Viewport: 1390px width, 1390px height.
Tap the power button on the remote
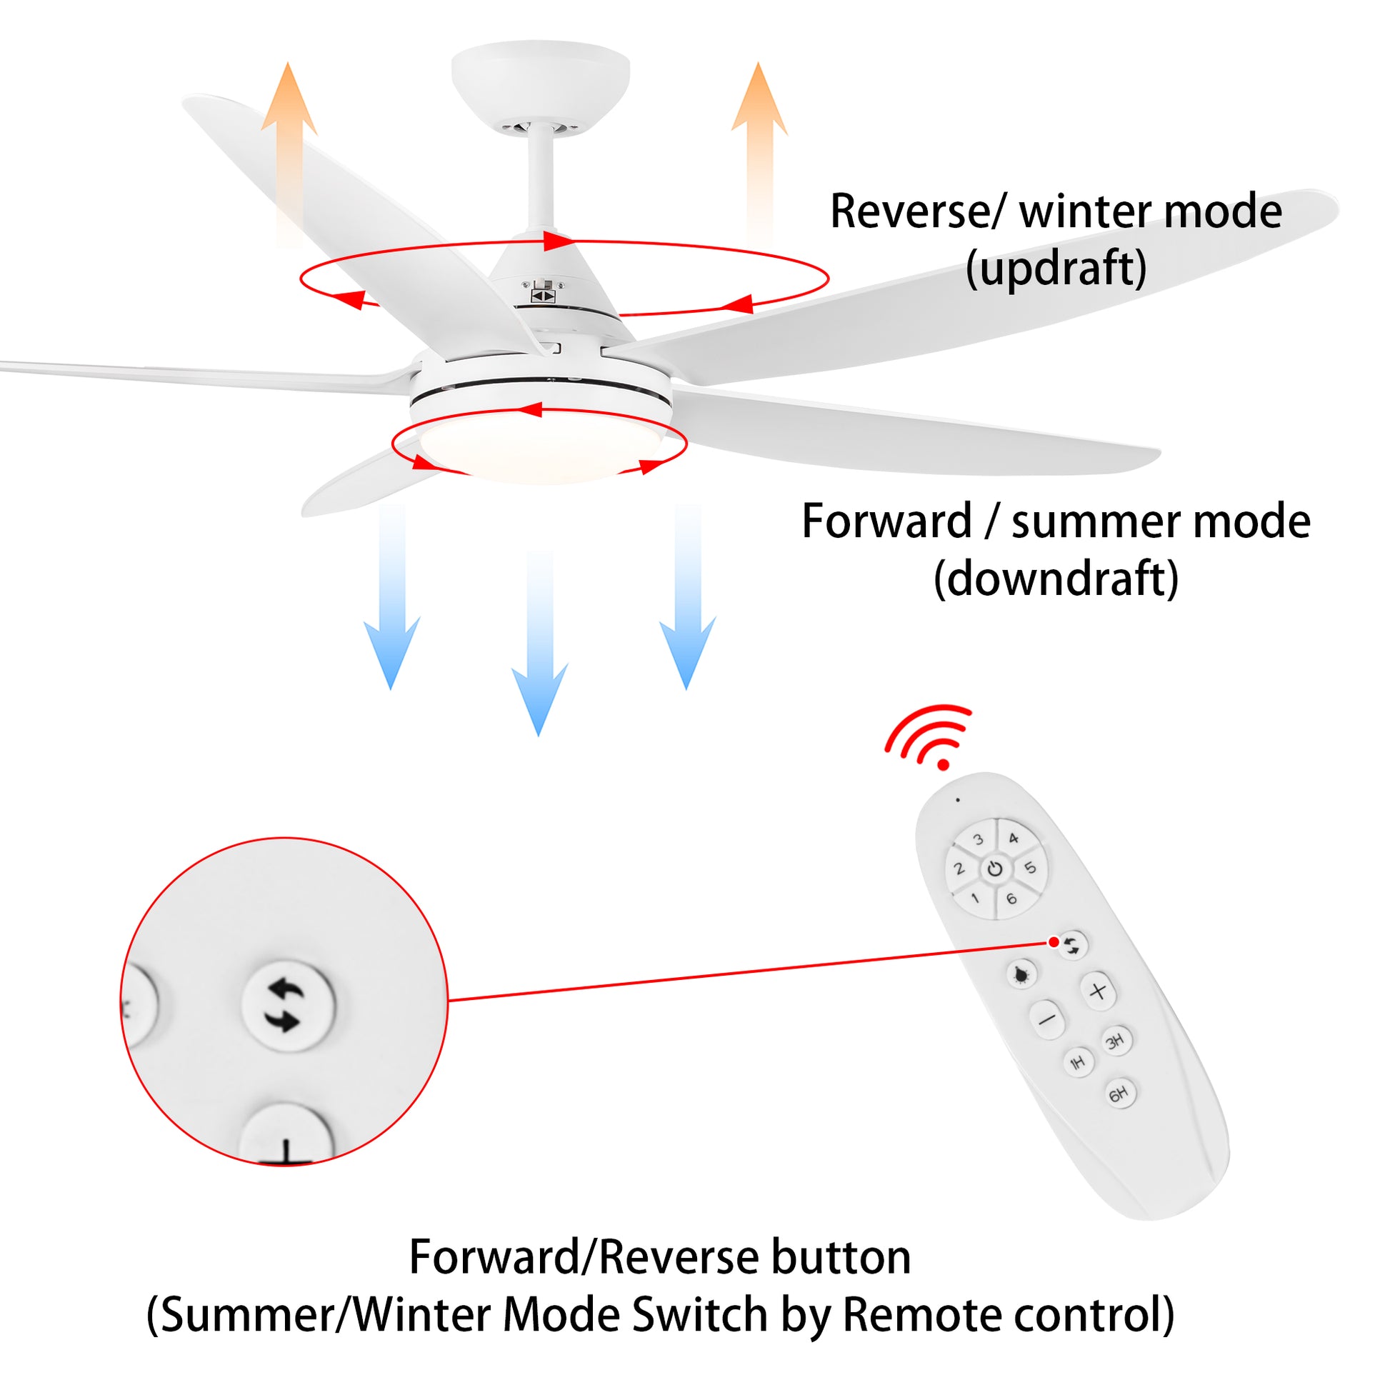click(995, 869)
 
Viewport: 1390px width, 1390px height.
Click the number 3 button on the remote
click(978, 839)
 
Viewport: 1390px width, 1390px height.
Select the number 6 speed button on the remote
click(1011, 899)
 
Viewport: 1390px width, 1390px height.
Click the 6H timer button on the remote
click(1119, 1094)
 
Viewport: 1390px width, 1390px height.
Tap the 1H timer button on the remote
click(1078, 1063)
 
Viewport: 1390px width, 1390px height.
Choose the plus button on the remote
click(1098, 991)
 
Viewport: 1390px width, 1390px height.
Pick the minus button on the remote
click(1048, 1019)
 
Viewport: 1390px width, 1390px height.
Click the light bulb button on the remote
click(1021, 975)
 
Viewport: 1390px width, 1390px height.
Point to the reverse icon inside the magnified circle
click(287, 1006)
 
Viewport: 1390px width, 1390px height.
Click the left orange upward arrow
click(289, 155)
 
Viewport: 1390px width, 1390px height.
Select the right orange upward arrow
click(759, 151)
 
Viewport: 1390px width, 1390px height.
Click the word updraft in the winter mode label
click(1056, 269)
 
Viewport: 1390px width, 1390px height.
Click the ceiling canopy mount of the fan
click(540, 79)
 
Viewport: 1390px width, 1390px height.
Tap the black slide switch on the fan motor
click(543, 296)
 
